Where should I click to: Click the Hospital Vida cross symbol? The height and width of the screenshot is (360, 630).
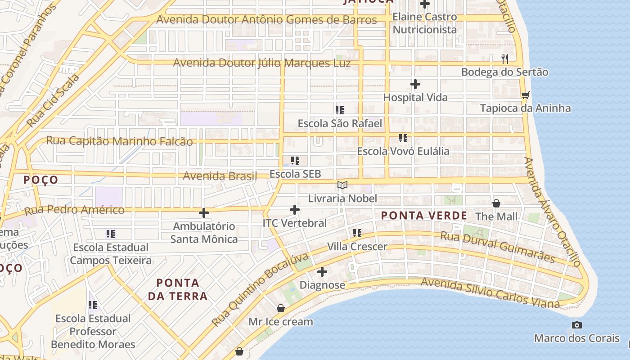point(415,84)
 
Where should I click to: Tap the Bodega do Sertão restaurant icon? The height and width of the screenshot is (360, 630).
point(505,58)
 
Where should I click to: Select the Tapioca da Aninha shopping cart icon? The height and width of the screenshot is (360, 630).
point(525,95)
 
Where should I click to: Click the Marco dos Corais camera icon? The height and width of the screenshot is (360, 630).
point(577,325)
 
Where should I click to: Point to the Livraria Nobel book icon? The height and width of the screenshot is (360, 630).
point(342,185)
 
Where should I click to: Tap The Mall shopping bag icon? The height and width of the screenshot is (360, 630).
point(496,203)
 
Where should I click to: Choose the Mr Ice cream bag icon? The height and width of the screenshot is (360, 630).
point(281,308)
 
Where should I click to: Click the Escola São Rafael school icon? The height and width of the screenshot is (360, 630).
point(340,110)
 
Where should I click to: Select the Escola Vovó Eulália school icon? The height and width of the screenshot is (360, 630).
point(403,138)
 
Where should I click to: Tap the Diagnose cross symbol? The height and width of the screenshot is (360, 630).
point(322,272)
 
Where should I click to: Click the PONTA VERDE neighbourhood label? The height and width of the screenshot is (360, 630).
point(424,216)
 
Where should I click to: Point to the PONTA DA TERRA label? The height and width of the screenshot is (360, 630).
point(178,289)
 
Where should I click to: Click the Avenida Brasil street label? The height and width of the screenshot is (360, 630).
point(220,175)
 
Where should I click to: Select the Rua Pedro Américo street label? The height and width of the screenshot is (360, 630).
point(74,210)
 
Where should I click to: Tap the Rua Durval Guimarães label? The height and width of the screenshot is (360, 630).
point(497,247)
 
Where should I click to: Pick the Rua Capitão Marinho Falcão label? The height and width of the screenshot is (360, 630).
point(119,141)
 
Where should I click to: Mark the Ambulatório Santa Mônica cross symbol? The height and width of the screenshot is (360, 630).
point(204,212)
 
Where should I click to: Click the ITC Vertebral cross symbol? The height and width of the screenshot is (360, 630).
point(295,210)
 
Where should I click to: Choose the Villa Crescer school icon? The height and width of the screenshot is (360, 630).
point(357,233)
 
